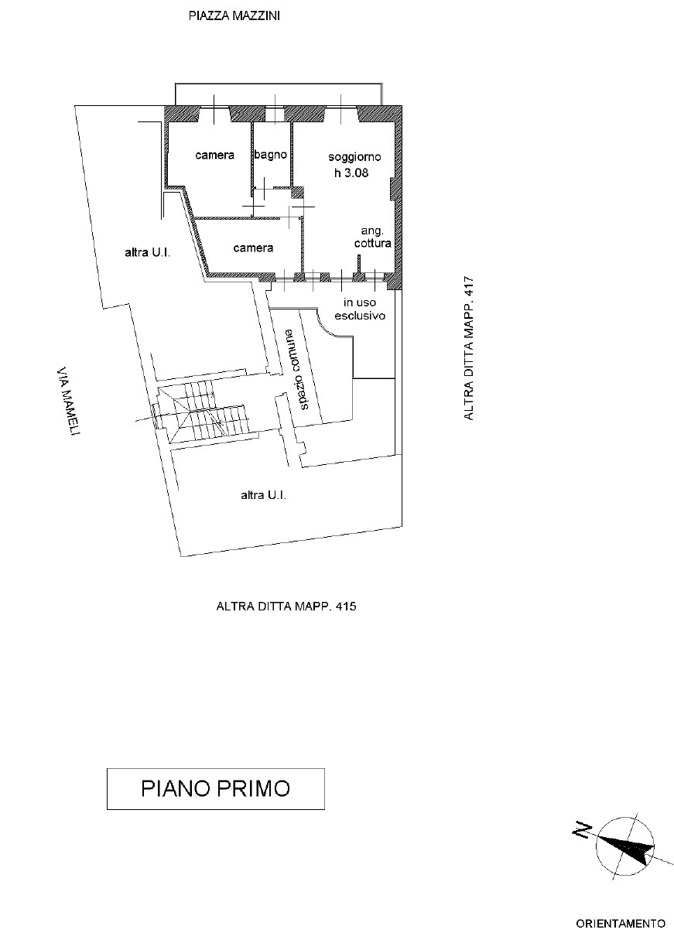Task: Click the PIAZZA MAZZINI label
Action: click(234, 16)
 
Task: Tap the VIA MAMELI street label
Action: click(68, 400)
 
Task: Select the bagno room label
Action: click(271, 155)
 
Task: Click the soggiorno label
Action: click(354, 157)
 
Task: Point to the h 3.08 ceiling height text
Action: click(351, 173)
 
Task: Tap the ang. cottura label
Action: click(373, 237)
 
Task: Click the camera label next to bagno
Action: click(214, 155)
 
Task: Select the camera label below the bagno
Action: click(253, 248)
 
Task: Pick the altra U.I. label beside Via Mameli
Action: click(148, 252)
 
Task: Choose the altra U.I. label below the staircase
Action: click(263, 495)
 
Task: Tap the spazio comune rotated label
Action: click(297, 369)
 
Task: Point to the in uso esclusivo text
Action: click(360, 309)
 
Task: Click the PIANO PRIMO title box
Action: click(216, 789)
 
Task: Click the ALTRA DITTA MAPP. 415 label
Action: click(286, 606)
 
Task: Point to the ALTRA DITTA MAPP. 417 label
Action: click(469, 349)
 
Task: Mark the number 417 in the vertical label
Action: click(469, 287)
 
